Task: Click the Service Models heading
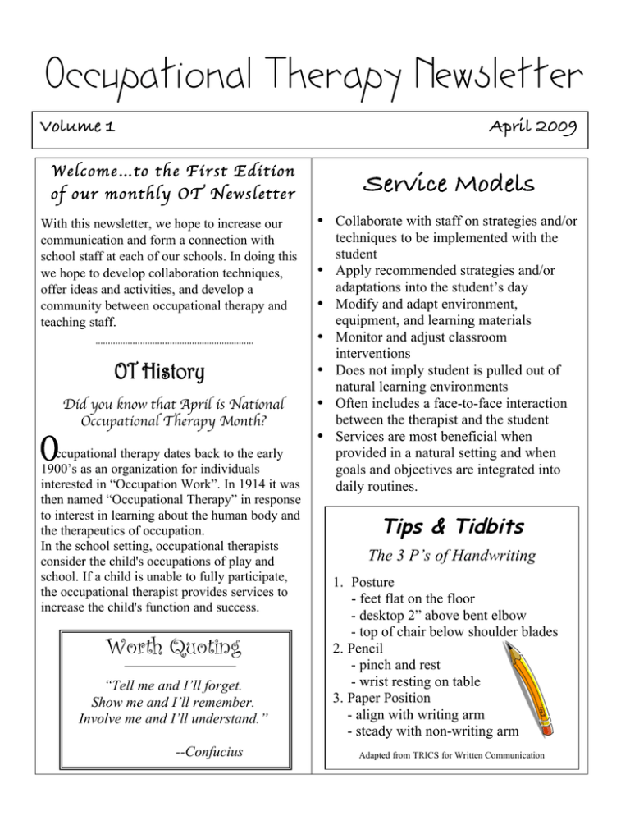click(468, 186)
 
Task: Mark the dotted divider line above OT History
click(175, 342)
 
